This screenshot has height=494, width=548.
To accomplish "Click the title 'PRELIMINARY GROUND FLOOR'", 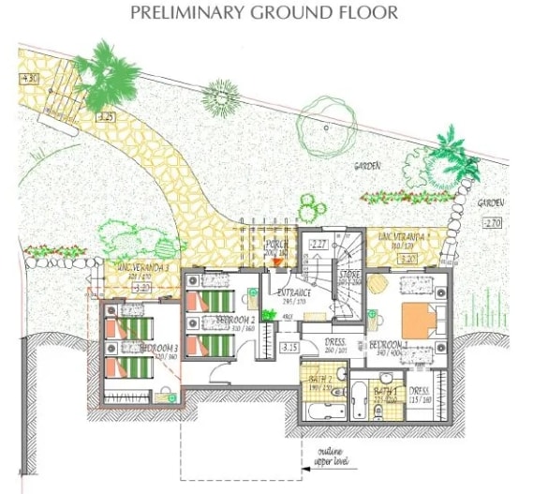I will pyautogui.click(x=263, y=12).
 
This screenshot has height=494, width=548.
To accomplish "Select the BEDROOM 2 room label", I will pyautogui.click(x=231, y=320).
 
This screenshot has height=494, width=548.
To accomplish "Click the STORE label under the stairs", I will pyautogui.click(x=349, y=275).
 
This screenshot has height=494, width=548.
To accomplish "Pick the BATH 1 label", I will pyautogui.click(x=386, y=389).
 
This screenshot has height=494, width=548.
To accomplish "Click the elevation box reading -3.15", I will pyautogui.click(x=289, y=348).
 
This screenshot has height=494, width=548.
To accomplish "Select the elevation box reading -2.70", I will pyautogui.click(x=493, y=222).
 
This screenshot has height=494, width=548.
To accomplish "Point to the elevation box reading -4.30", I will pyautogui.click(x=28, y=78).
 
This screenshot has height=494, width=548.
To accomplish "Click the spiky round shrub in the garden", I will pyautogui.click(x=223, y=95).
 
